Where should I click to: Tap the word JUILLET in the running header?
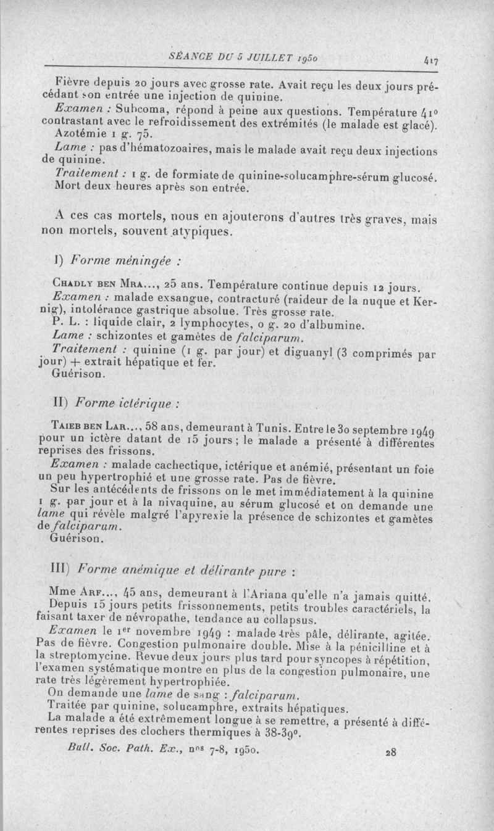[x=263, y=57]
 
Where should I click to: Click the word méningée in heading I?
[x=147, y=260]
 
